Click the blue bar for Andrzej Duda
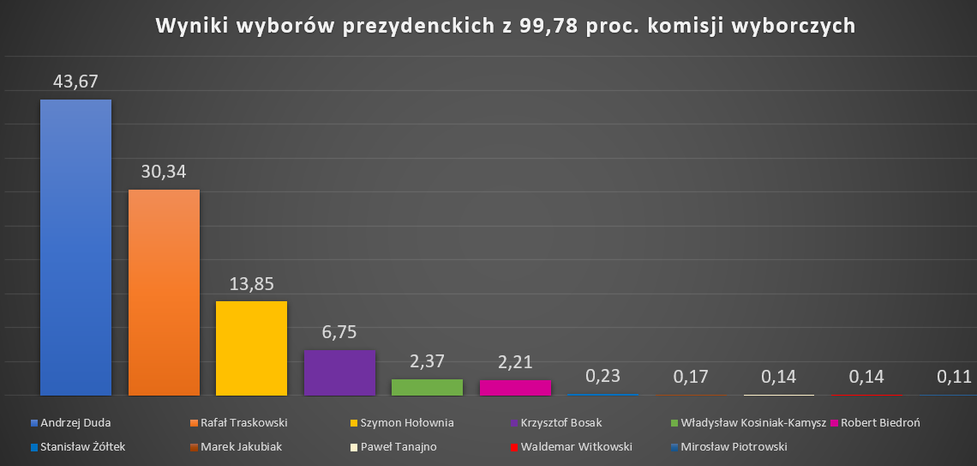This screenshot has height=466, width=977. [76, 247]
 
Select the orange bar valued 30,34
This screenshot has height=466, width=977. [164, 292]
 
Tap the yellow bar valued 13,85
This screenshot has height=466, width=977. [251, 348]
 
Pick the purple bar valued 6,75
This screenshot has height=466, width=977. [339, 372]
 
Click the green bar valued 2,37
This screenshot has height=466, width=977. [427, 387]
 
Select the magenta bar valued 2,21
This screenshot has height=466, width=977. [515, 388]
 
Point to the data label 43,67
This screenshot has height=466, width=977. [76, 82]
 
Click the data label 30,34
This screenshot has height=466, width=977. [164, 172]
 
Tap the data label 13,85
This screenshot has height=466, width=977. [251, 284]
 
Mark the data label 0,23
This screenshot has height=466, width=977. [602, 376]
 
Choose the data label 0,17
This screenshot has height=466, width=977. [690, 376]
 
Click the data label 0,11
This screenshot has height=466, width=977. [953, 376]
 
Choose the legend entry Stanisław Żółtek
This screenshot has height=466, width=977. [82, 446]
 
